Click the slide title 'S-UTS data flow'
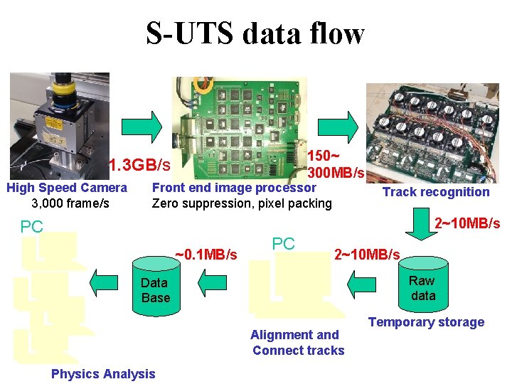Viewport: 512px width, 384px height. [255, 33]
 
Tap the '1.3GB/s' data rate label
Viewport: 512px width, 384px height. [139, 166]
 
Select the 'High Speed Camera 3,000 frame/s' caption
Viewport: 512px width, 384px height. [66, 196]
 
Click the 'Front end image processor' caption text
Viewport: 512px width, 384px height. [234, 188]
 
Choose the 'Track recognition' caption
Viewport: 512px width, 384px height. [436, 191]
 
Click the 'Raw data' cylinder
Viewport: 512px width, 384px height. [422, 288]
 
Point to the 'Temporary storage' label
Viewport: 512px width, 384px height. [426, 322]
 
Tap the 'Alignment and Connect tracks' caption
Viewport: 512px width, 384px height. [297, 342]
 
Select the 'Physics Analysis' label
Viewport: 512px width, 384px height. [103, 374]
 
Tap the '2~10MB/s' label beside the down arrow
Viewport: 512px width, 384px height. [467, 223]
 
